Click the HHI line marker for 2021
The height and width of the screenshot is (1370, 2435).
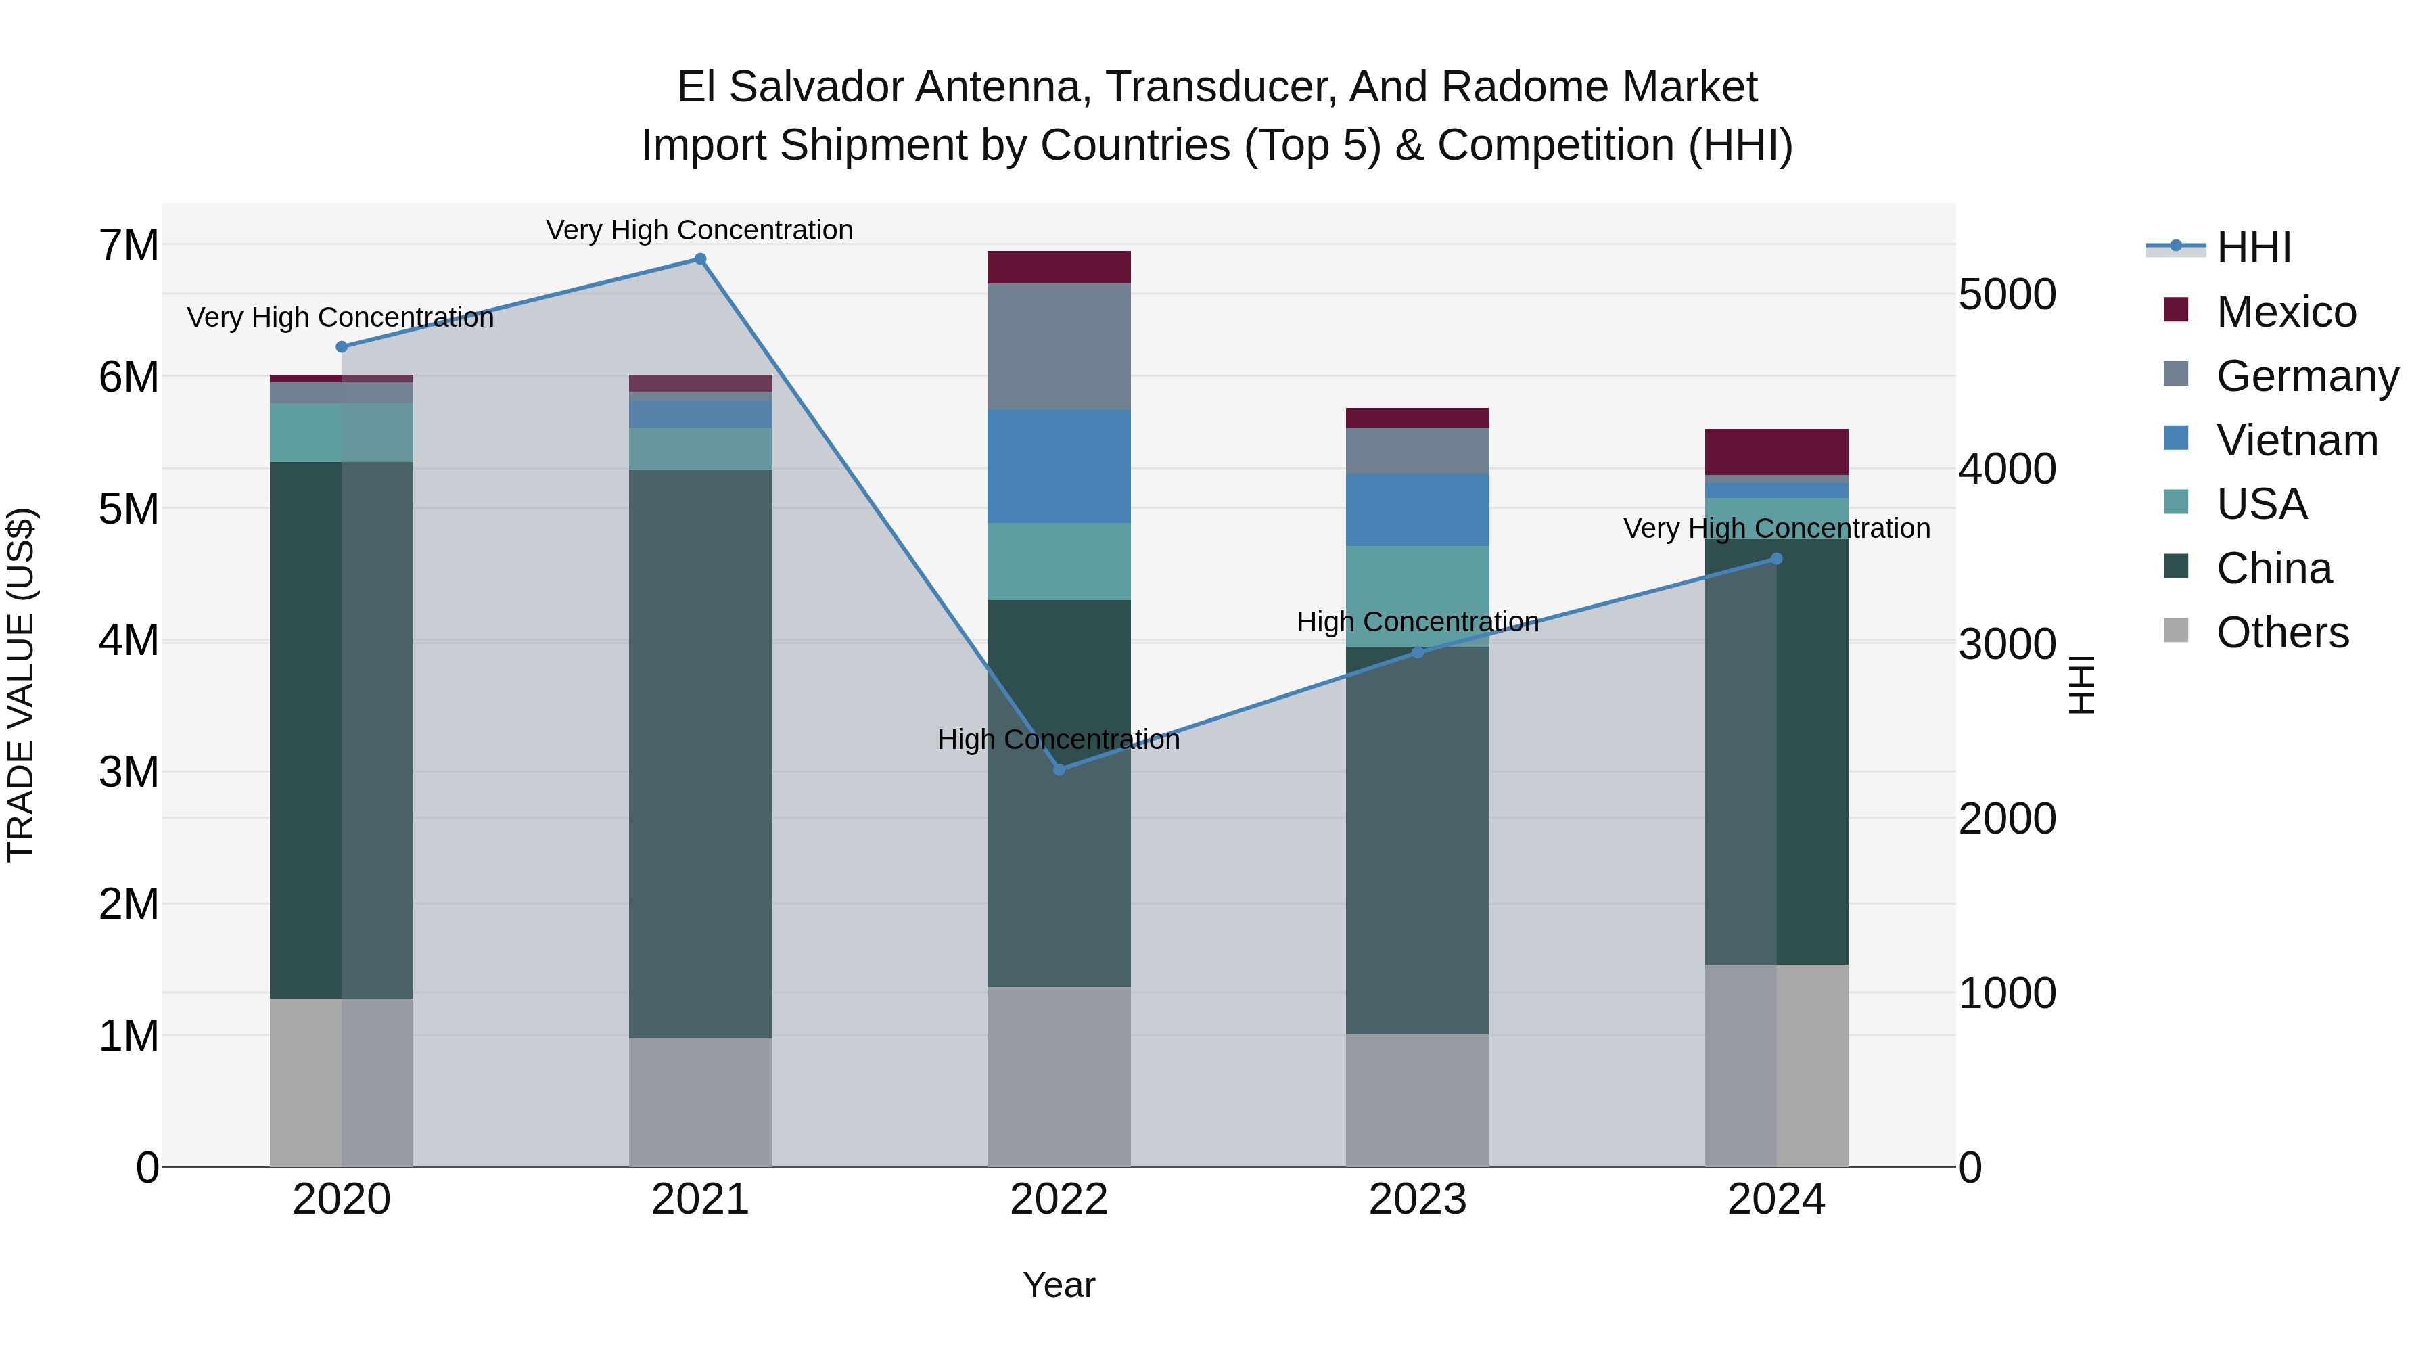tap(701, 259)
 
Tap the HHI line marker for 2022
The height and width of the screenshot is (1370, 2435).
tap(1059, 770)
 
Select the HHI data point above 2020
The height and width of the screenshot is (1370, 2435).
tap(342, 347)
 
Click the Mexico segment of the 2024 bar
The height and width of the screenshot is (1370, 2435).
tap(1776, 452)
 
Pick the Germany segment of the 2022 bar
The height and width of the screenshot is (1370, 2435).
tap(1059, 347)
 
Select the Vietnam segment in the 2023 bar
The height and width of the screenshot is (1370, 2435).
tap(1417, 511)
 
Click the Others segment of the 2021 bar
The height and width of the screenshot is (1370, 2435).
tap(701, 1103)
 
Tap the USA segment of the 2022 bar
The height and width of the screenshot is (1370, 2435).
tap(1059, 562)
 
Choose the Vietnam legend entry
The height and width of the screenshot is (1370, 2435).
tap(2296, 440)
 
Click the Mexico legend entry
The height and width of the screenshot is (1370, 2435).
tap(2286, 312)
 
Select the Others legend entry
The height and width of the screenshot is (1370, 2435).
tap(2282, 633)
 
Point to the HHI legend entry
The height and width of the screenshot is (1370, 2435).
tap(2254, 248)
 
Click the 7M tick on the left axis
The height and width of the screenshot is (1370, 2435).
tap(129, 246)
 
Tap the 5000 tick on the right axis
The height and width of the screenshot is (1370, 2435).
tap(2007, 295)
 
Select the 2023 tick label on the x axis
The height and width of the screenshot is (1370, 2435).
tap(1417, 1200)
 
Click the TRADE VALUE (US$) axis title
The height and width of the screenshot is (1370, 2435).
tap(21, 685)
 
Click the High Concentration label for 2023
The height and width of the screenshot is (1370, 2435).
tap(1417, 622)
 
